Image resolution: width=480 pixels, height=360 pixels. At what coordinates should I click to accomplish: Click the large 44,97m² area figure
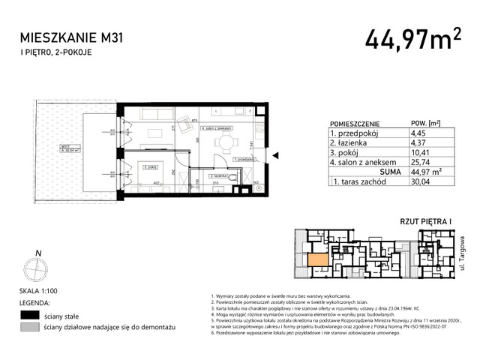pos(414,38)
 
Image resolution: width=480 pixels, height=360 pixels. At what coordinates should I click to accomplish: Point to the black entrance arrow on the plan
pos(275,156)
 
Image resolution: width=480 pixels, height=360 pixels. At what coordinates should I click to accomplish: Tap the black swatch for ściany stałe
pos(30,315)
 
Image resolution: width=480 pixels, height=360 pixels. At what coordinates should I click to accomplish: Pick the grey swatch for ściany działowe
pos(30,328)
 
